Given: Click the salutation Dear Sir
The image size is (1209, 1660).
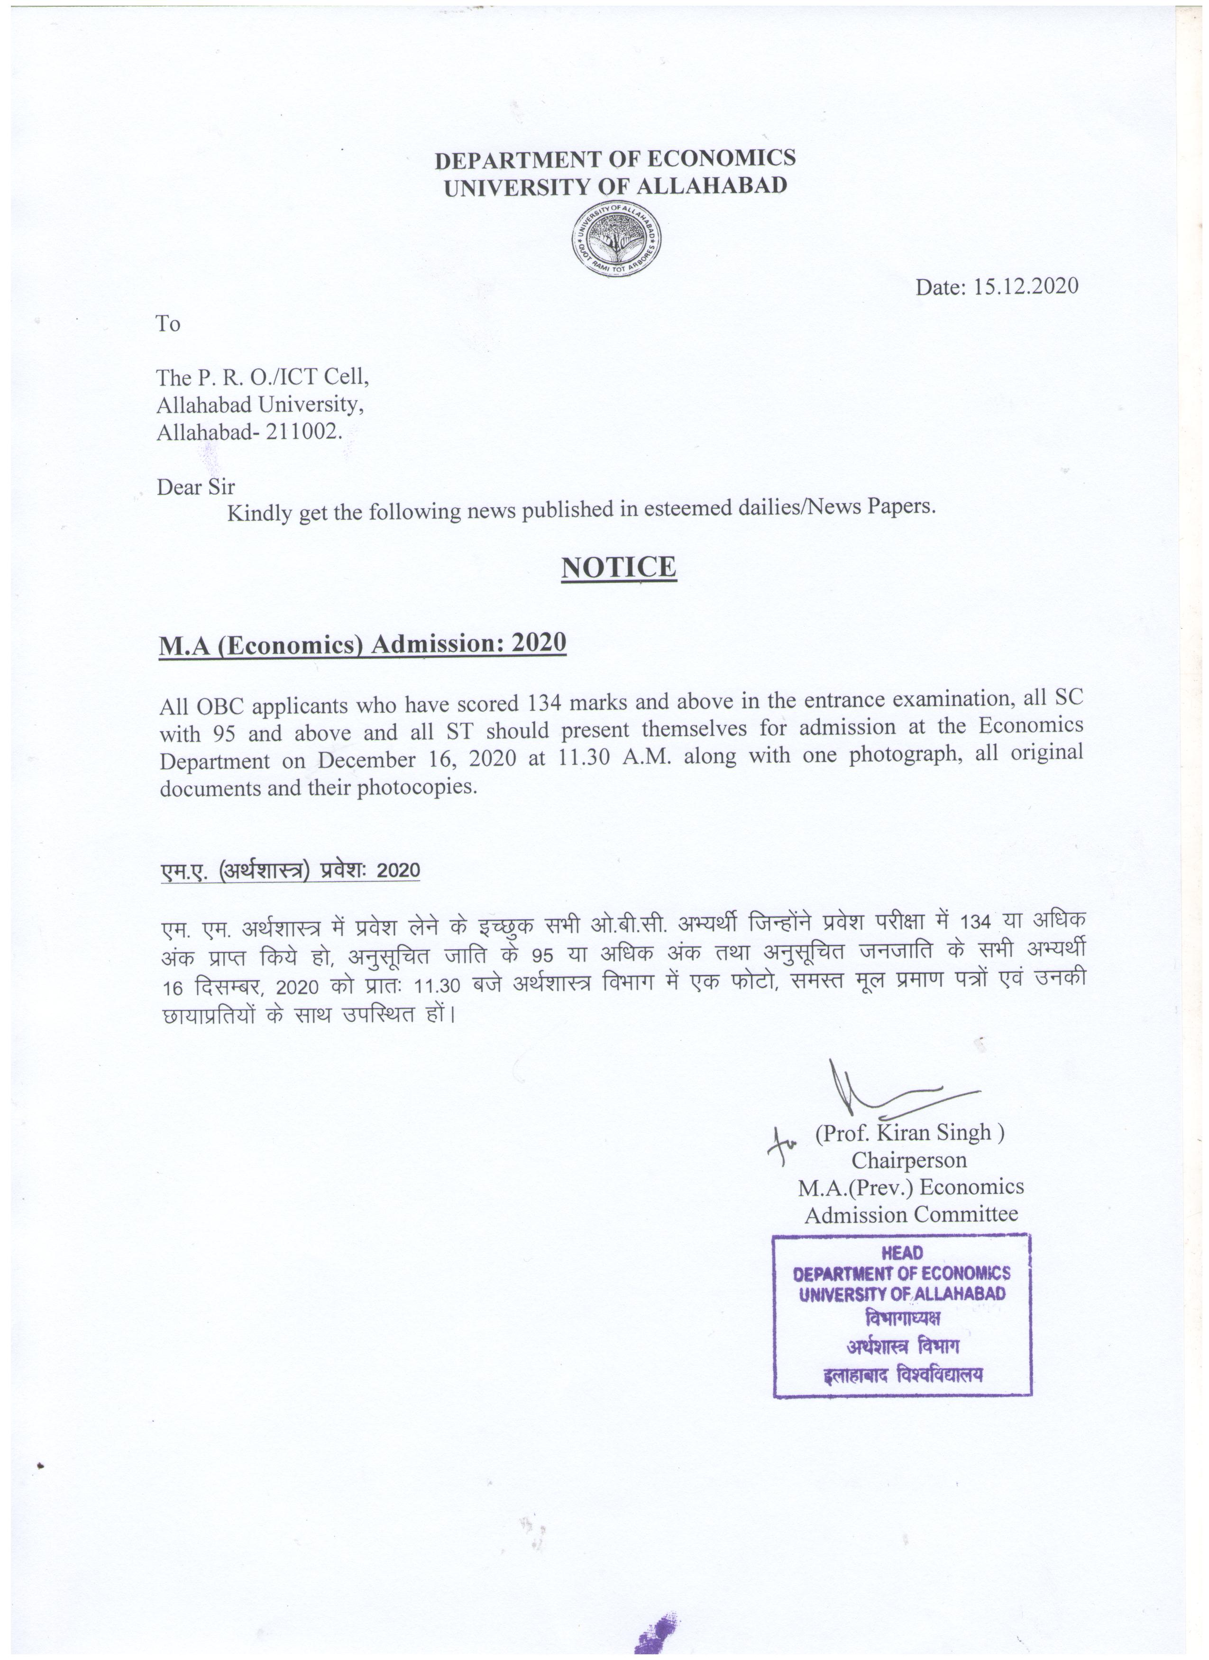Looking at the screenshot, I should (195, 487).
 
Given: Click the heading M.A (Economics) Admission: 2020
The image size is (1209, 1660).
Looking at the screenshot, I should (362, 643).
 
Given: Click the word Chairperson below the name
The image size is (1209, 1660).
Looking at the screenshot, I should (909, 1160).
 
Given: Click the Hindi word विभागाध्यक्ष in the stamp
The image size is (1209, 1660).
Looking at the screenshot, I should (902, 1318).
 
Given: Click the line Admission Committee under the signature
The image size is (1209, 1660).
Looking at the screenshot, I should (911, 1215).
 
